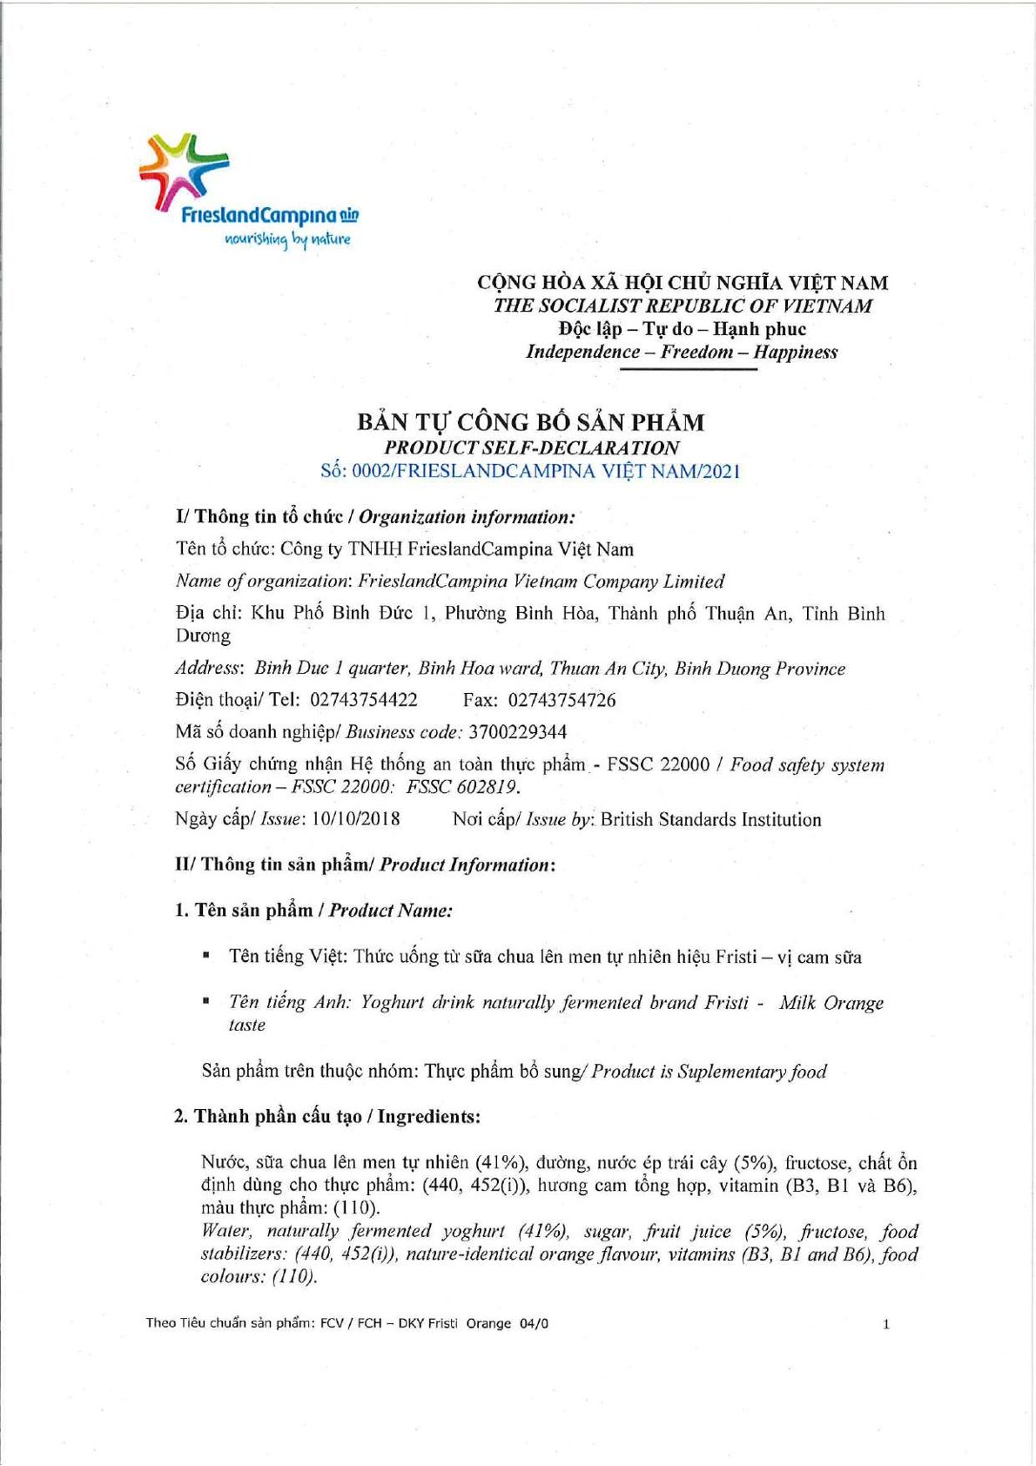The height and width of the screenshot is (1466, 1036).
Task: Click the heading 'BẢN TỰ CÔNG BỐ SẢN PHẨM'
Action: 530,422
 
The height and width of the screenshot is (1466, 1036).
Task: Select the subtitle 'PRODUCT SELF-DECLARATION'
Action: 531,447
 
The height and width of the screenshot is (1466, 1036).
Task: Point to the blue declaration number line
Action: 530,472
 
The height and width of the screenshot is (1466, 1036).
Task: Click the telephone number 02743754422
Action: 364,700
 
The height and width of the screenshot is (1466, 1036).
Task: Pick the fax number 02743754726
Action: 562,700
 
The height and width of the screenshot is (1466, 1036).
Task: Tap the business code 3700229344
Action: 517,732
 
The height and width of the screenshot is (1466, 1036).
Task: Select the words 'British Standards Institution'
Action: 710,819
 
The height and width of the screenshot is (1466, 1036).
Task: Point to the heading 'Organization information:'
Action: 467,517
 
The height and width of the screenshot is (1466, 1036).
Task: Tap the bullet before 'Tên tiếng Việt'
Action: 206,956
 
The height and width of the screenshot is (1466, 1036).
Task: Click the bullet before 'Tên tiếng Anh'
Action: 206,1002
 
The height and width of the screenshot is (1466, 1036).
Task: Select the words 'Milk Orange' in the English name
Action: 831,1003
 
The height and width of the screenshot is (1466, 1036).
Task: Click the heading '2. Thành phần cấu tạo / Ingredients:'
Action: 327,1116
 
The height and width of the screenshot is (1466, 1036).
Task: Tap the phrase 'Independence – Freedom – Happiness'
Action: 682,352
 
